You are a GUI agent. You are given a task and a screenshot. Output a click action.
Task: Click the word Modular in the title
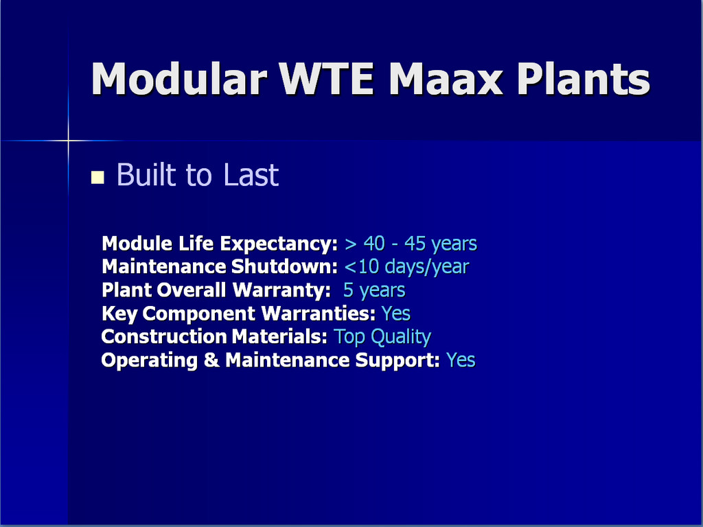click(179, 78)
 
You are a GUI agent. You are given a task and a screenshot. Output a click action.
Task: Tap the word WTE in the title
click(326, 78)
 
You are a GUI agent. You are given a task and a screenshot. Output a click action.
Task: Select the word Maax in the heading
click(446, 78)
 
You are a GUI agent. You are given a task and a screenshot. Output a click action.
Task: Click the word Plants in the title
click(584, 78)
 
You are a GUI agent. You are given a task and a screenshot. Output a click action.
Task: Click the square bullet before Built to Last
click(97, 178)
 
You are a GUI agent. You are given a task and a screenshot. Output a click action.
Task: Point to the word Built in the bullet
click(146, 174)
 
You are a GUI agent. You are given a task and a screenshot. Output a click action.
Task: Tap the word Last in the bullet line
click(251, 174)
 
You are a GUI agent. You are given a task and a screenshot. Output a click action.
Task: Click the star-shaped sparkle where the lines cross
click(69, 141)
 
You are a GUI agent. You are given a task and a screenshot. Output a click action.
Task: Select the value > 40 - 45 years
click(411, 244)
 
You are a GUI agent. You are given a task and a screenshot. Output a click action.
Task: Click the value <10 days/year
click(406, 267)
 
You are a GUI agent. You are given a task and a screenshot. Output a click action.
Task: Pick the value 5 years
click(374, 290)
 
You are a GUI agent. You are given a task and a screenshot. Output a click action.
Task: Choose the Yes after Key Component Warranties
click(396, 313)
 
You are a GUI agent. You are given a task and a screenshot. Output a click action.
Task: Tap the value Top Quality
click(382, 336)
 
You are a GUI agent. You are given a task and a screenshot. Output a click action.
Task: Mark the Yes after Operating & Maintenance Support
click(461, 360)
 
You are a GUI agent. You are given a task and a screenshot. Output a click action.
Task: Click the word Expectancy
click(279, 244)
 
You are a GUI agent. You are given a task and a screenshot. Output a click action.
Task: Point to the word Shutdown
click(284, 267)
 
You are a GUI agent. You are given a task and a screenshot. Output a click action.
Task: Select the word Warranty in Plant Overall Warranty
click(281, 290)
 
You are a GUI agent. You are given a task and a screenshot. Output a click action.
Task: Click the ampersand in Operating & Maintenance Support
click(211, 360)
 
